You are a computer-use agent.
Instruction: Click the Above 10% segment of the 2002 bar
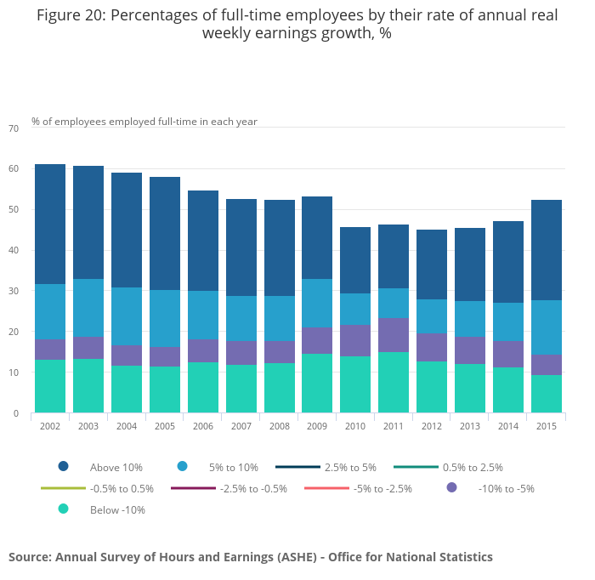click(x=50, y=224)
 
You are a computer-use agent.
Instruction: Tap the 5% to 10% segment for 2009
click(x=317, y=303)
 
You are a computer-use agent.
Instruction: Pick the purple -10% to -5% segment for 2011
click(x=394, y=334)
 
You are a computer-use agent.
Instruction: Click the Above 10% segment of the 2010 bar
click(x=355, y=260)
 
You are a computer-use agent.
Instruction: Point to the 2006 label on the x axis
click(x=202, y=425)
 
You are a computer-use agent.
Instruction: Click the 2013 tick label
click(x=469, y=425)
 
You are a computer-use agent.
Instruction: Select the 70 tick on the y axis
click(x=13, y=128)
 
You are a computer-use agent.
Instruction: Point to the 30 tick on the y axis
click(x=13, y=292)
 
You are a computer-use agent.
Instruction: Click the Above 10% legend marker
click(x=63, y=467)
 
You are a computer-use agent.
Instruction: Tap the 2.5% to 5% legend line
click(x=297, y=467)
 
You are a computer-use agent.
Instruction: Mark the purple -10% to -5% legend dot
click(x=451, y=487)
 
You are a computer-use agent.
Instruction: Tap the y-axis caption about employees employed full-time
click(x=144, y=122)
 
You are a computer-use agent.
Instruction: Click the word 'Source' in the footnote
click(x=30, y=557)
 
